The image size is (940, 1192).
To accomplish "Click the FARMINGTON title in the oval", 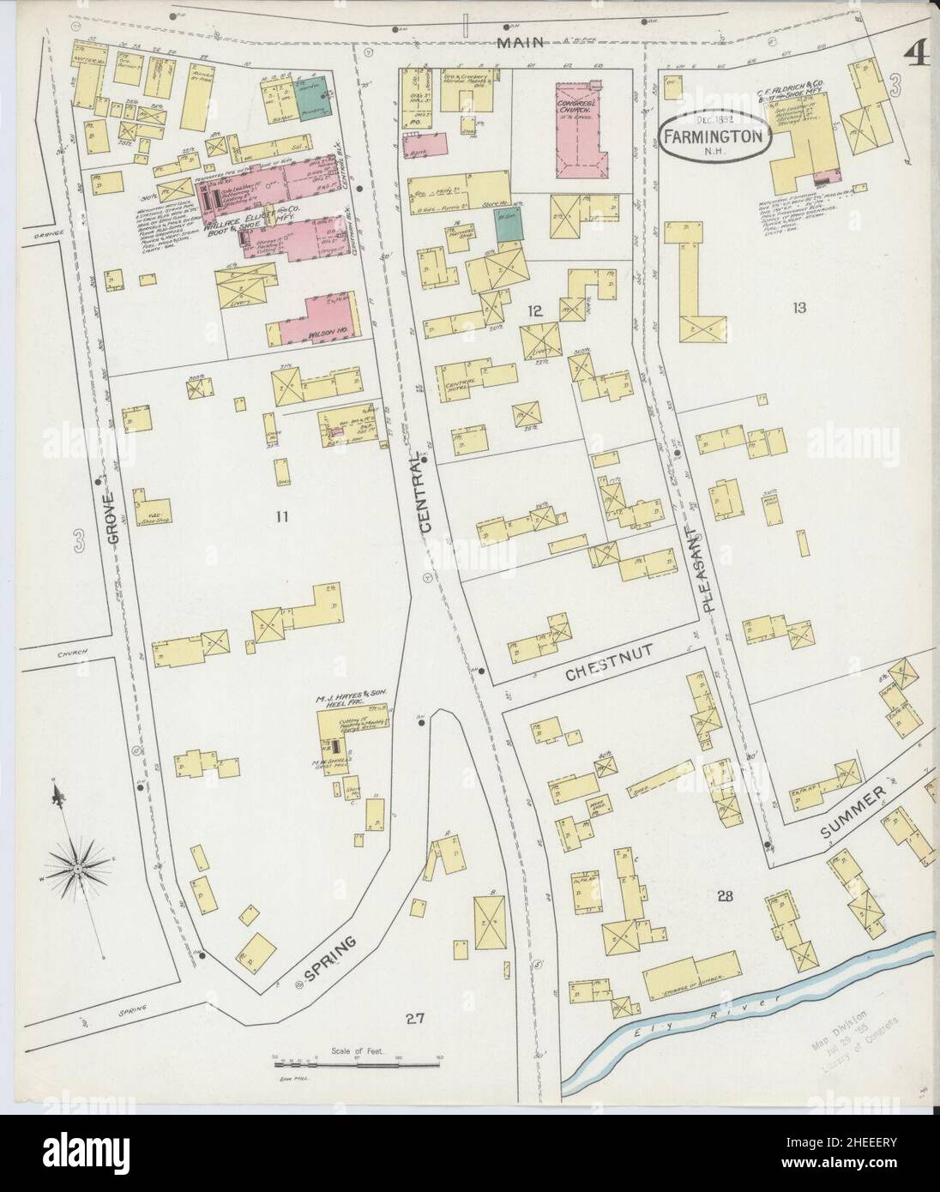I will [x=714, y=135].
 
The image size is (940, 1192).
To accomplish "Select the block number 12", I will [x=536, y=310].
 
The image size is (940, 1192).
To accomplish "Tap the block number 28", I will [x=725, y=897].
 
